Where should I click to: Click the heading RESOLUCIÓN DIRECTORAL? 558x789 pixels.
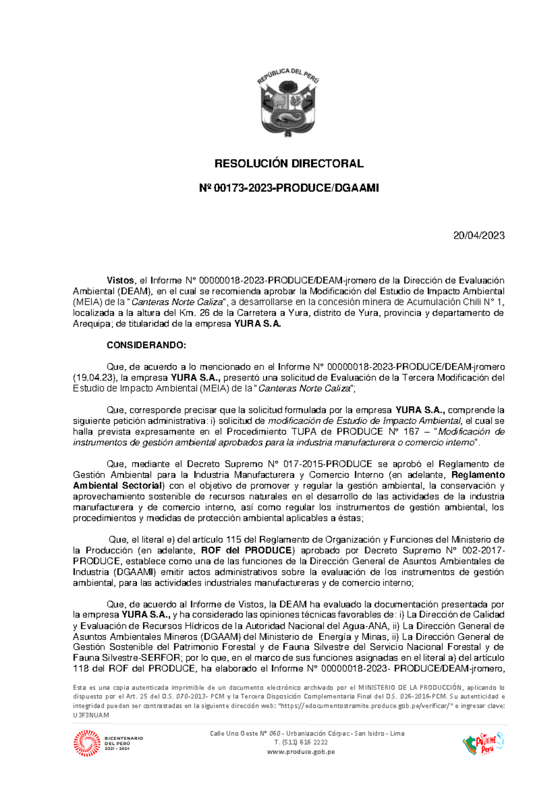[x=288, y=164]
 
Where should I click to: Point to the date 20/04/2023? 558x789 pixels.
[x=479, y=235]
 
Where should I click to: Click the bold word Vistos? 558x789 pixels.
[x=120, y=281]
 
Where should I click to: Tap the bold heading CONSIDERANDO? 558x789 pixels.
[x=146, y=345]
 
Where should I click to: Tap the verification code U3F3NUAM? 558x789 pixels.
[x=91, y=715]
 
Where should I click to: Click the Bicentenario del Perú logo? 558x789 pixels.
[x=108, y=743]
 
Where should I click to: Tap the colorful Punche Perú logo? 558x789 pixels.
[x=483, y=743]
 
